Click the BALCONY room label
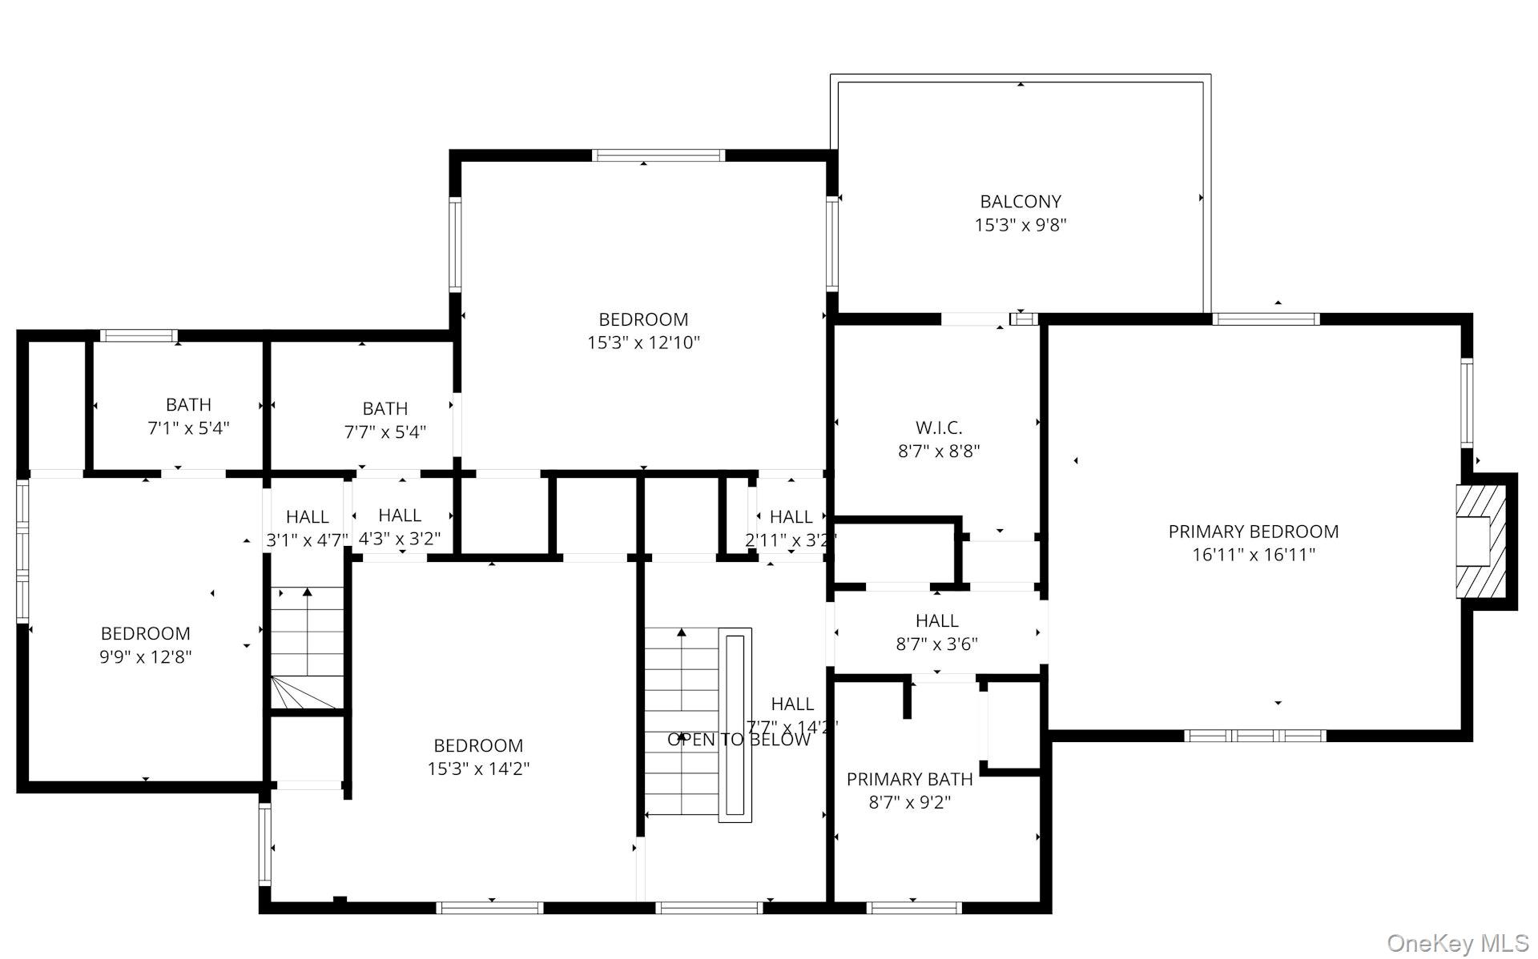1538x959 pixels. pyautogui.click(x=1020, y=202)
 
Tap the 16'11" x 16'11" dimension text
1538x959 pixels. pyautogui.click(x=1253, y=555)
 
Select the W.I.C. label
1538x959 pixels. pyautogui.click(x=938, y=427)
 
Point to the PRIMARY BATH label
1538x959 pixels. pyautogui.click(x=909, y=779)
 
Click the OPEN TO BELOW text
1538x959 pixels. pyautogui.click(x=739, y=740)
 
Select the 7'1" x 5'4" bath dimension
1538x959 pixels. pyautogui.click(x=188, y=428)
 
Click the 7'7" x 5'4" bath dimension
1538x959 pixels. pyautogui.click(x=385, y=432)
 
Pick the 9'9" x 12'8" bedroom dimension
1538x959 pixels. pyautogui.click(x=146, y=657)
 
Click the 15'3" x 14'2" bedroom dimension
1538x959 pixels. pyautogui.click(x=478, y=769)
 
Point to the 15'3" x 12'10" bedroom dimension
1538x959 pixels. pyautogui.click(x=643, y=343)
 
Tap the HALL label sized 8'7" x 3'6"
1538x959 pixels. pyautogui.click(x=936, y=620)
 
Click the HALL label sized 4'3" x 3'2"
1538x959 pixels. pyautogui.click(x=399, y=515)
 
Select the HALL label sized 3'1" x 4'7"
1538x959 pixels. pyautogui.click(x=307, y=516)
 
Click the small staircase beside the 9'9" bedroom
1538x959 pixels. pyautogui.click(x=307, y=648)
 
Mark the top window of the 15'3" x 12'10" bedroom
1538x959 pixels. pyautogui.click(x=658, y=155)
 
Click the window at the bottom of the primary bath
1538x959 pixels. pyautogui.click(x=914, y=907)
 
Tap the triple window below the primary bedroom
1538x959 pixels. pyautogui.click(x=1254, y=736)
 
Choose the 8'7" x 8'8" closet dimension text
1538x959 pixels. pyautogui.click(x=938, y=451)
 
